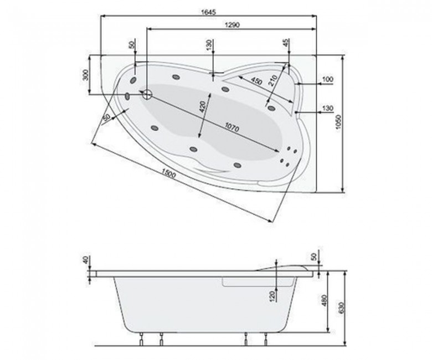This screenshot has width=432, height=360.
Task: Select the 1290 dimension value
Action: point(232,24)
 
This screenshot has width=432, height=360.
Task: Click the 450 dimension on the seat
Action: point(256,81)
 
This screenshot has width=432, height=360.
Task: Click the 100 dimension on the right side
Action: point(327,80)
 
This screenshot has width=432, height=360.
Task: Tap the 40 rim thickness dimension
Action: point(85,260)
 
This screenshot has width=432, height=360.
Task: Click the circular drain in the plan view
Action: point(147,95)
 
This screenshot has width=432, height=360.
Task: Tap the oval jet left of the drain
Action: point(128,96)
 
